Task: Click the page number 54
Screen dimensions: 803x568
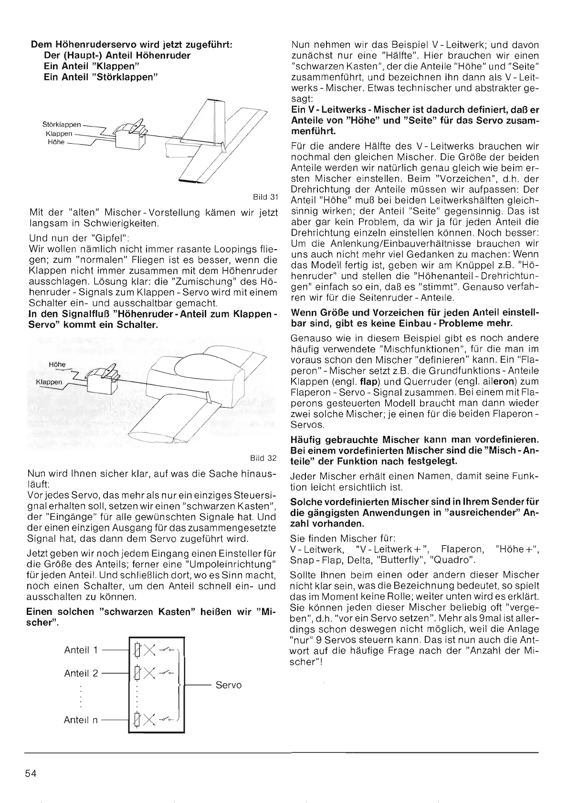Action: coord(31,773)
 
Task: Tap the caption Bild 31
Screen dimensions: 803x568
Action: coord(266,197)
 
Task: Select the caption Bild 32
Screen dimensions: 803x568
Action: coord(265,458)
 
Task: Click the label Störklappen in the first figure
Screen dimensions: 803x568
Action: coord(62,126)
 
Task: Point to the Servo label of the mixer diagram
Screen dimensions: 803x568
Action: coord(229,685)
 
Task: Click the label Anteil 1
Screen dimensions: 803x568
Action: coord(81,650)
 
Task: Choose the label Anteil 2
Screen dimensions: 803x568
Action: coord(81,673)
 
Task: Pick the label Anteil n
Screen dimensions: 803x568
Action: coord(81,720)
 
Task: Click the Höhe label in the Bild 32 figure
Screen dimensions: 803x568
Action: coord(57,365)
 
